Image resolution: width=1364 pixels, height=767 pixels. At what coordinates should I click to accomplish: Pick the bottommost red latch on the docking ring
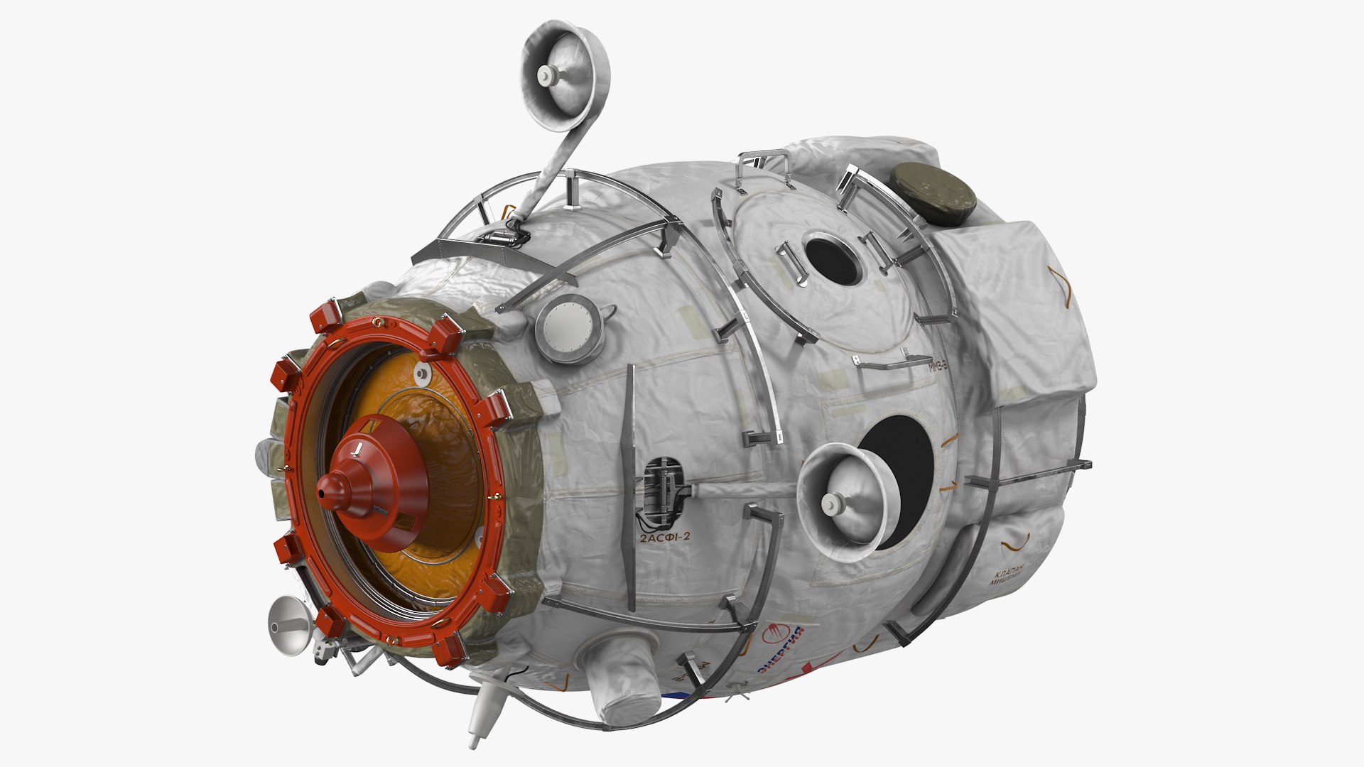click(x=451, y=650)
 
